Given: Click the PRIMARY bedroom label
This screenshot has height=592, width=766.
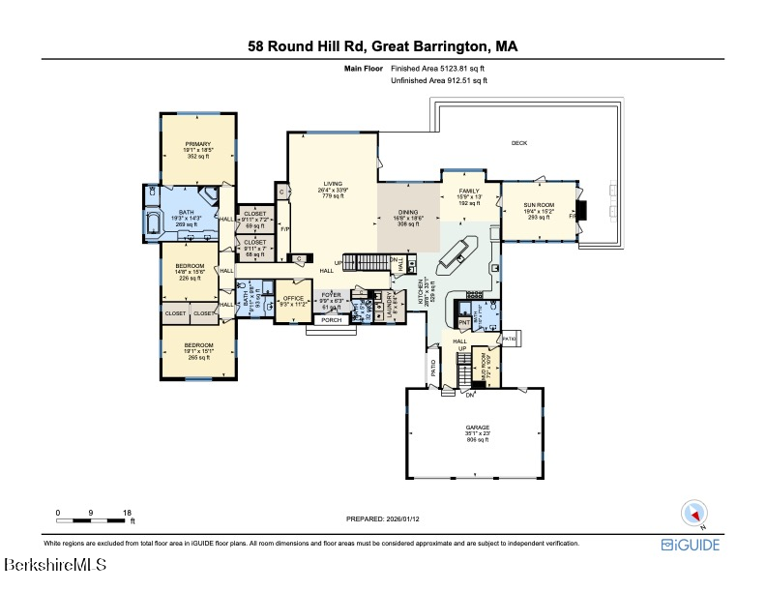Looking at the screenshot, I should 197,144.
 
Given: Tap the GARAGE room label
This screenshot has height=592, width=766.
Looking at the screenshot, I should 474,427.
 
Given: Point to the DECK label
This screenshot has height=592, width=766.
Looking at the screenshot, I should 519,143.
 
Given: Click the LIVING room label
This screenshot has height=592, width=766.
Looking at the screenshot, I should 333,183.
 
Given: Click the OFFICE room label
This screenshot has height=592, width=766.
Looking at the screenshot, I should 292,298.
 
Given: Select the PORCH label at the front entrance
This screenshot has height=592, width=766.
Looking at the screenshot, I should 332,320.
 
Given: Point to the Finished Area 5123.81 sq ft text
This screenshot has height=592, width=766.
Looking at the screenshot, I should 440,70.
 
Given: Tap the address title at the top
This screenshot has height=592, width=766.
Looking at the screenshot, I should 382,45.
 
